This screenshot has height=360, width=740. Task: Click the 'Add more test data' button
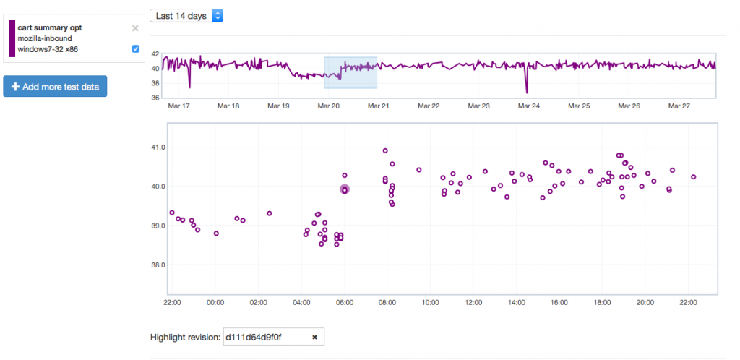tap(55, 87)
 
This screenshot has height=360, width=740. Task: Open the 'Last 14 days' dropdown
tap(186, 15)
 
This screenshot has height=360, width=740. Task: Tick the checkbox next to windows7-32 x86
tap(136, 49)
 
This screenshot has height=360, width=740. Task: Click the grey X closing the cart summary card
tap(135, 28)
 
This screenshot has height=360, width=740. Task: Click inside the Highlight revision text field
tap(266, 337)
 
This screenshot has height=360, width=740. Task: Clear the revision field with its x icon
tap(314, 337)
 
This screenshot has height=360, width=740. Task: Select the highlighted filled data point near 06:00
tap(345, 189)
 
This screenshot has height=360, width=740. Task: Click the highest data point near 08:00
tap(385, 151)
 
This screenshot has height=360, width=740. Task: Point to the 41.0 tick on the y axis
tap(157, 147)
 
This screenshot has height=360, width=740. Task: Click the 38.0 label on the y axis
tap(157, 265)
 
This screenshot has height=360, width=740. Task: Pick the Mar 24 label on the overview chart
tap(529, 106)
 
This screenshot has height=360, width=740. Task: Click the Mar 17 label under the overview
tap(178, 106)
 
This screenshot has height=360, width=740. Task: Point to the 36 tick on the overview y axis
tap(155, 98)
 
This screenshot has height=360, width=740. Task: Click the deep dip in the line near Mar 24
tap(527, 92)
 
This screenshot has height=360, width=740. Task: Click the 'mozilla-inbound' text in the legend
tap(45, 38)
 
